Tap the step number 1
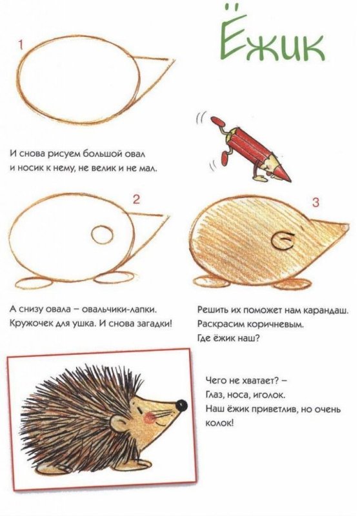(21, 45)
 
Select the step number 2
(136, 199)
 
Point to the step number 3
(315, 203)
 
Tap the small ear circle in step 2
(102, 235)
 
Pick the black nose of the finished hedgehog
(181, 405)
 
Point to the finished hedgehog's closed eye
(141, 410)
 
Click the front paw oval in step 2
(115, 278)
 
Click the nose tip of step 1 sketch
(174, 61)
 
